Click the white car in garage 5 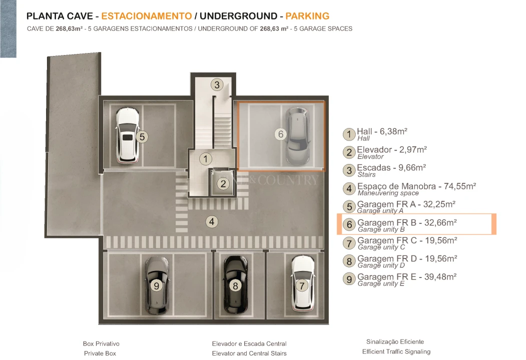127,135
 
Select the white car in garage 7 302,282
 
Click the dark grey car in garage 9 157,283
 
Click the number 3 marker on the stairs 216,84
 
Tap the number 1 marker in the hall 205,159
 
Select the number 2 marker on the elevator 223,183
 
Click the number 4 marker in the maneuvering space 212,221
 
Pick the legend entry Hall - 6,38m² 381,132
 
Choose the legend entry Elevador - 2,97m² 391,150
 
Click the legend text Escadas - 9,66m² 391,168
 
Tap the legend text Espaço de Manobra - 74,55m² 416,186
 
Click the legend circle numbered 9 349,279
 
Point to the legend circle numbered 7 349,243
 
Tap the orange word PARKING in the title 307,16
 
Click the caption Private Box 100,353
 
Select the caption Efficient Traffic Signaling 396,351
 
